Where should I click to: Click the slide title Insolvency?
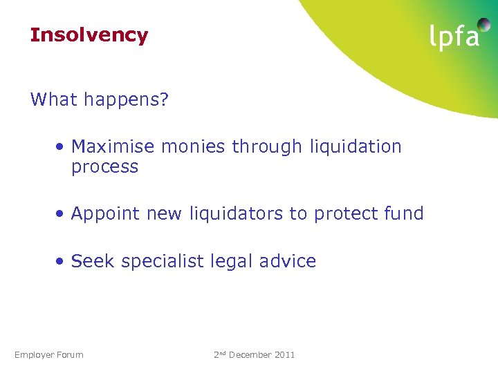(x=89, y=35)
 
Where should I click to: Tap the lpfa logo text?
(x=454, y=37)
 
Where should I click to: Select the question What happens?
(x=100, y=99)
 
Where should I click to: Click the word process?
(x=104, y=167)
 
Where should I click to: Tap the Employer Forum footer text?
(x=48, y=355)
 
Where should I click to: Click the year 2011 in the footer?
(x=284, y=355)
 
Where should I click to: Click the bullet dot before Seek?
(x=62, y=262)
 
